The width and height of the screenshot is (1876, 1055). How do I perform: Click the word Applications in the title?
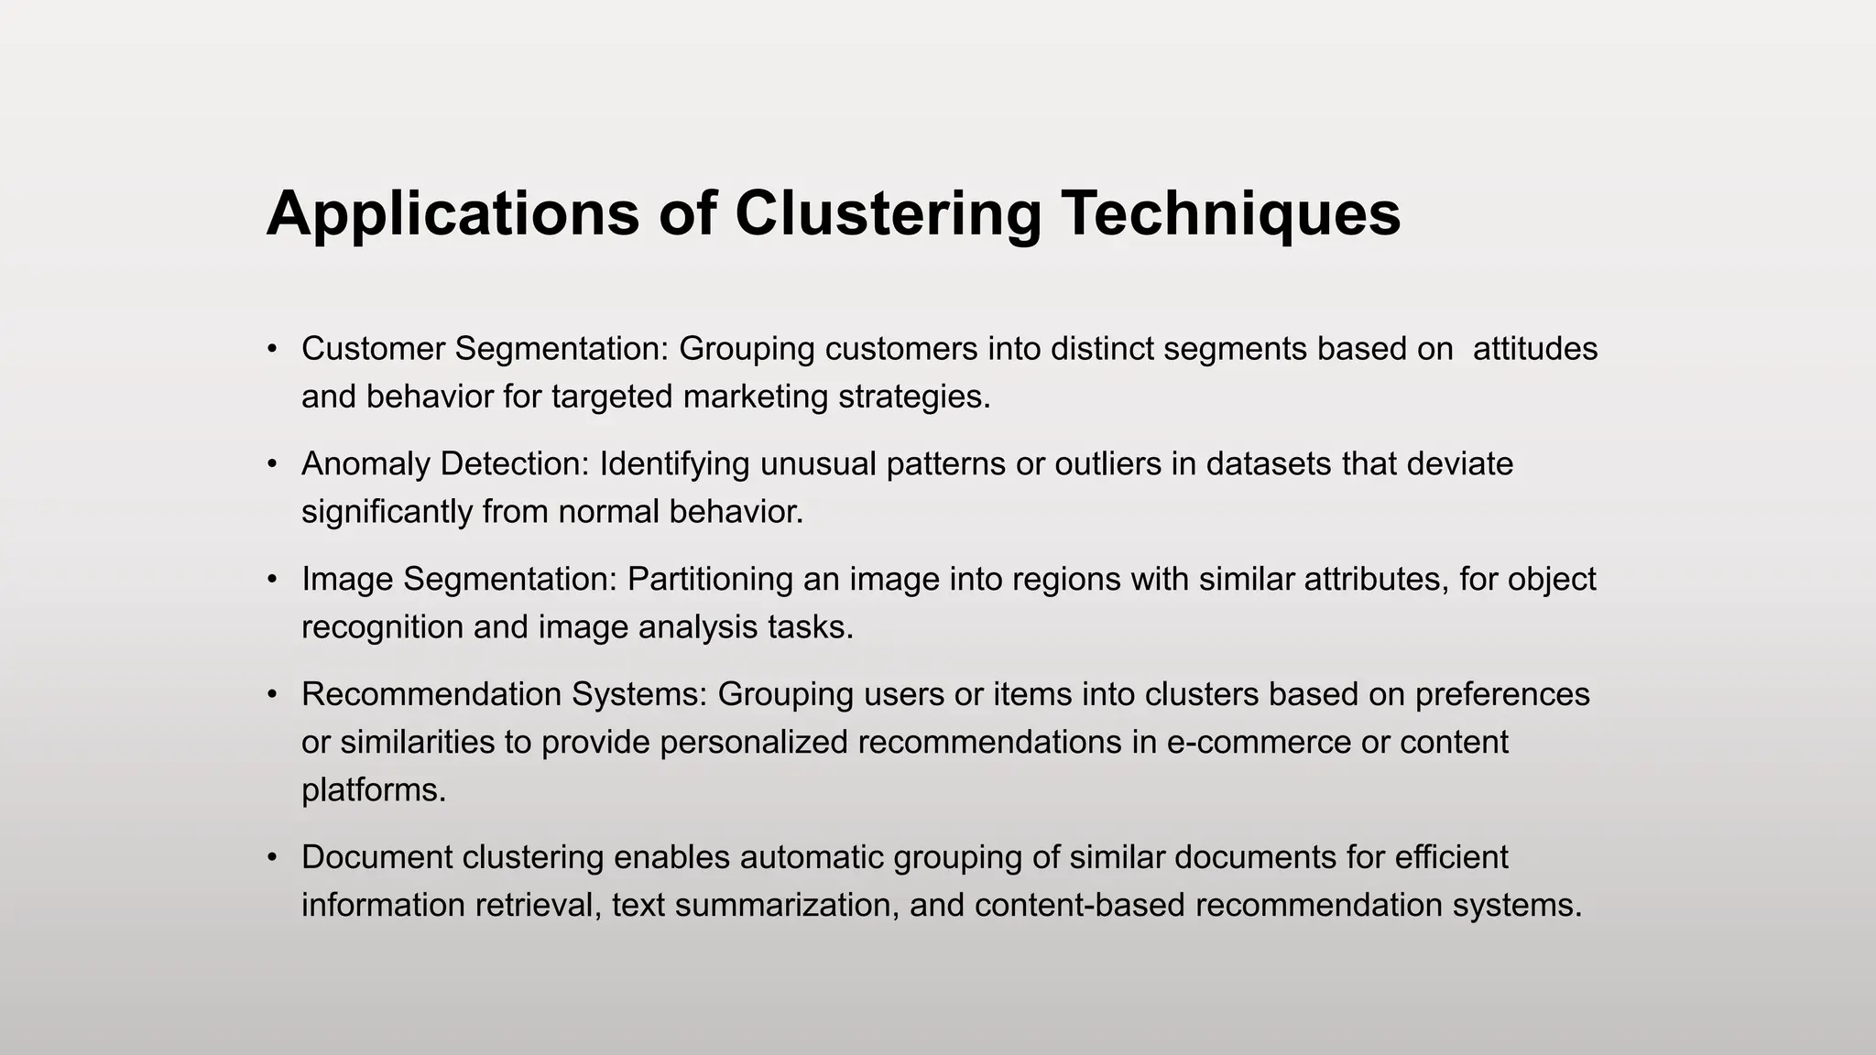453,214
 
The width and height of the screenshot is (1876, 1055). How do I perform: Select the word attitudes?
1535,349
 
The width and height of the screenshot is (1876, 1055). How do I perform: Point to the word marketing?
756,397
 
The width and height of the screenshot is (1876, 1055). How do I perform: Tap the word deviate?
1460,464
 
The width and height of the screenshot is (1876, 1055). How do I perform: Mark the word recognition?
382,627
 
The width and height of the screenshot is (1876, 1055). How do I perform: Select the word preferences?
1502,694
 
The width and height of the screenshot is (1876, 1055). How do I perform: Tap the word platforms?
374,789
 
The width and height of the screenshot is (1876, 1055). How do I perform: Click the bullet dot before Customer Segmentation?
272,349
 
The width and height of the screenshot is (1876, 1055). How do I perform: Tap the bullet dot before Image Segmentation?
272,580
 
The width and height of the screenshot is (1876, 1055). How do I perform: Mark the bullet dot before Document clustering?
272,857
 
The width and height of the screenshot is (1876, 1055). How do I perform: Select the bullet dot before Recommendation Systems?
272,694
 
